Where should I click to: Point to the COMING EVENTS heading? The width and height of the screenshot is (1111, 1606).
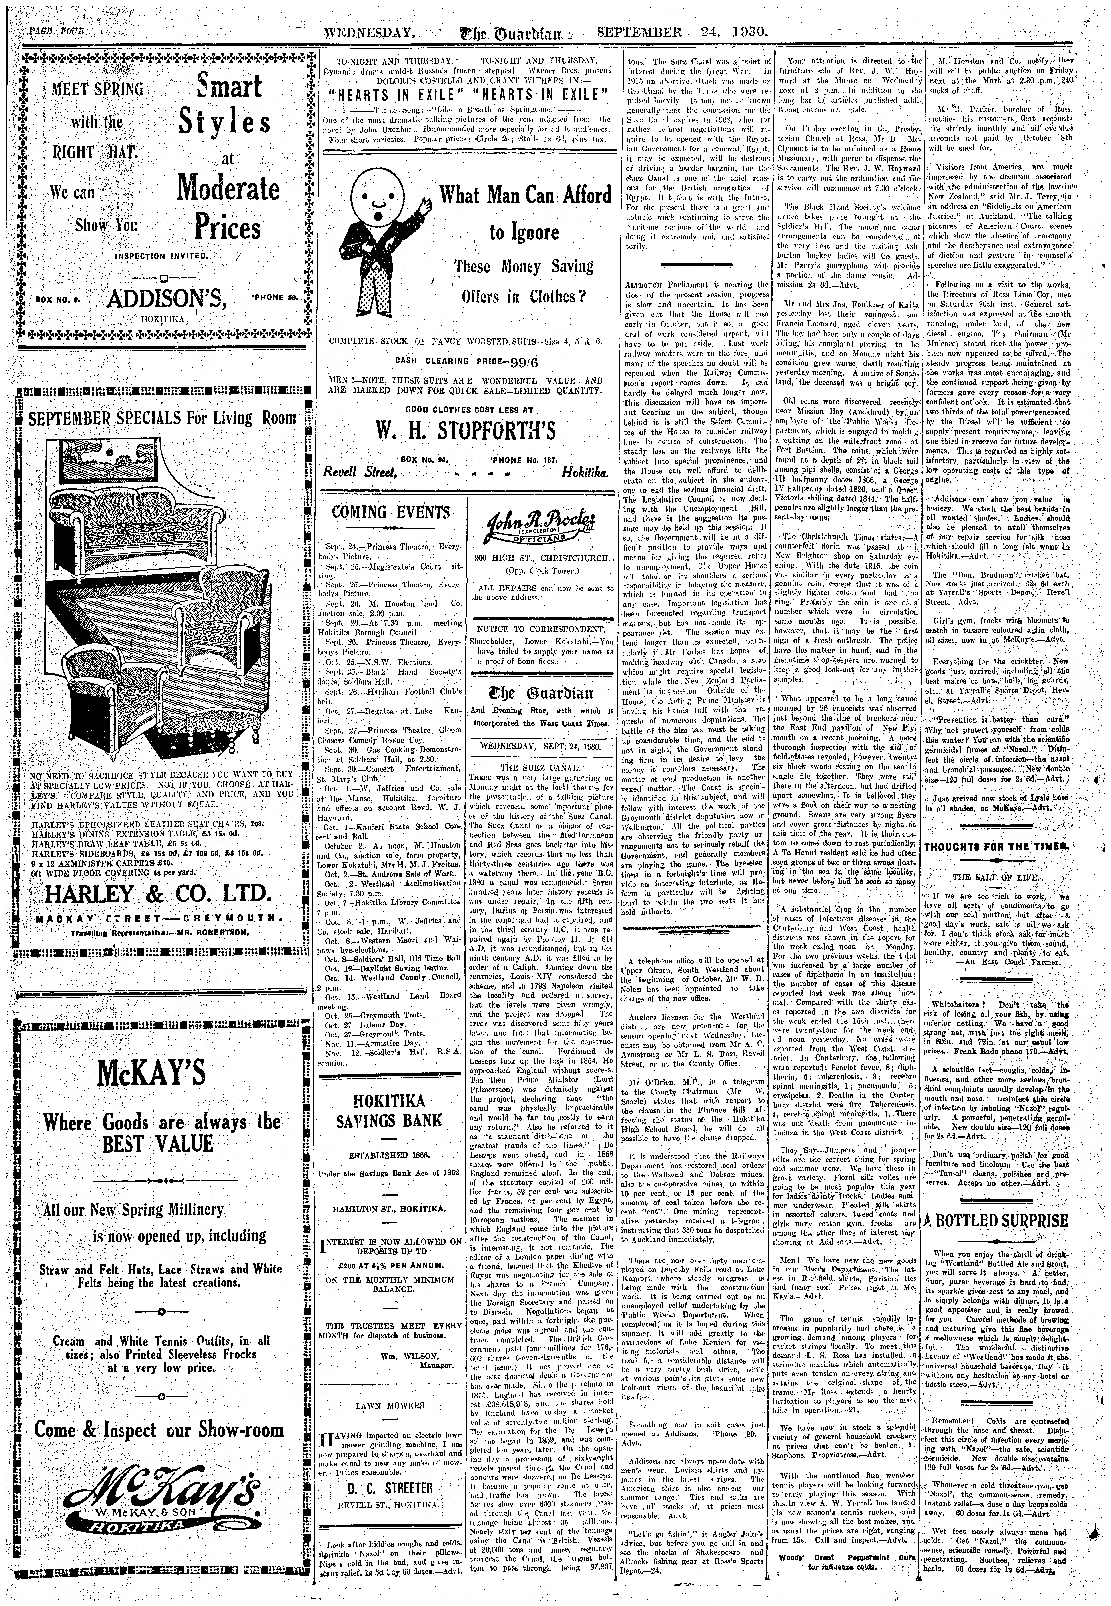(390, 513)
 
